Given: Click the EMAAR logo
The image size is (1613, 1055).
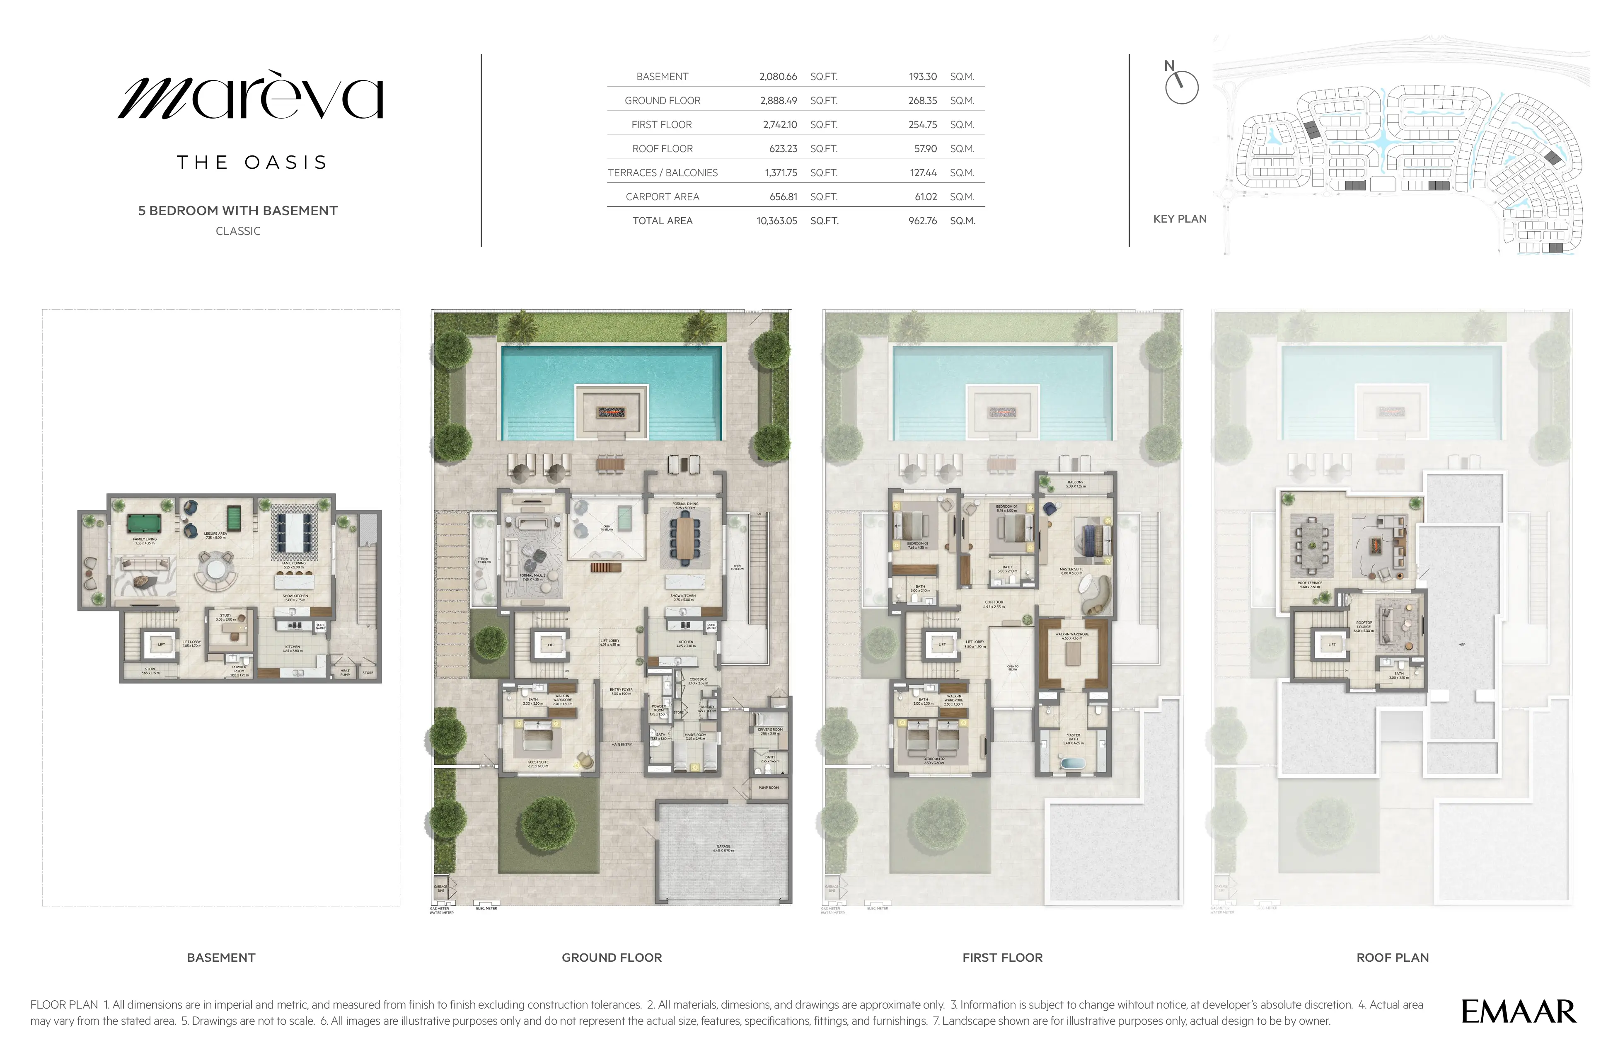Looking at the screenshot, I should coord(1518,1011).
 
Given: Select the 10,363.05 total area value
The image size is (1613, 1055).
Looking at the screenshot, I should coord(777,221).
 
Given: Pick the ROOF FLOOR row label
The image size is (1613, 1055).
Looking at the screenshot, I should coord(662,148).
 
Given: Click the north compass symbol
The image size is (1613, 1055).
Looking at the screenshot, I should coord(1181,87).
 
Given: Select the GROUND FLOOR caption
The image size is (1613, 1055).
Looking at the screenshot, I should coord(611,957).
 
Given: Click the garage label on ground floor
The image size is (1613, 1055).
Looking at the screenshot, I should coord(723,848).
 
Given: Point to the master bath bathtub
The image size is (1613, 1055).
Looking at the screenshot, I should coord(1073,764).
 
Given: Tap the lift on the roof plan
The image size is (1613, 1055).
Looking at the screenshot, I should coord(1332,645).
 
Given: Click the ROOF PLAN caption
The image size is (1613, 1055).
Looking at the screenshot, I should coord(1392,957).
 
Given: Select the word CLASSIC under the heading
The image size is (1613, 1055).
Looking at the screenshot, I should coord(238,231).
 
